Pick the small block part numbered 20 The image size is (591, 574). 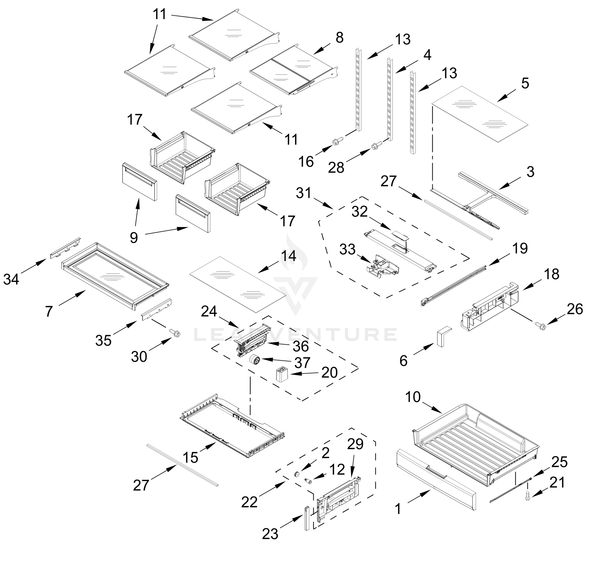click(x=281, y=375)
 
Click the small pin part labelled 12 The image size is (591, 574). click(x=308, y=481)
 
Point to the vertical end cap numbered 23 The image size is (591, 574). click(x=307, y=518)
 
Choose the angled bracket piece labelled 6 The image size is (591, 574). click(x=442, y=336)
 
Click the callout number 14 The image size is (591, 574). click(x=288, y=256)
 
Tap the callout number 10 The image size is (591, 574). click(x=413, y=397)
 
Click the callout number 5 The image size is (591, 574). click(x=525, y=83)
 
